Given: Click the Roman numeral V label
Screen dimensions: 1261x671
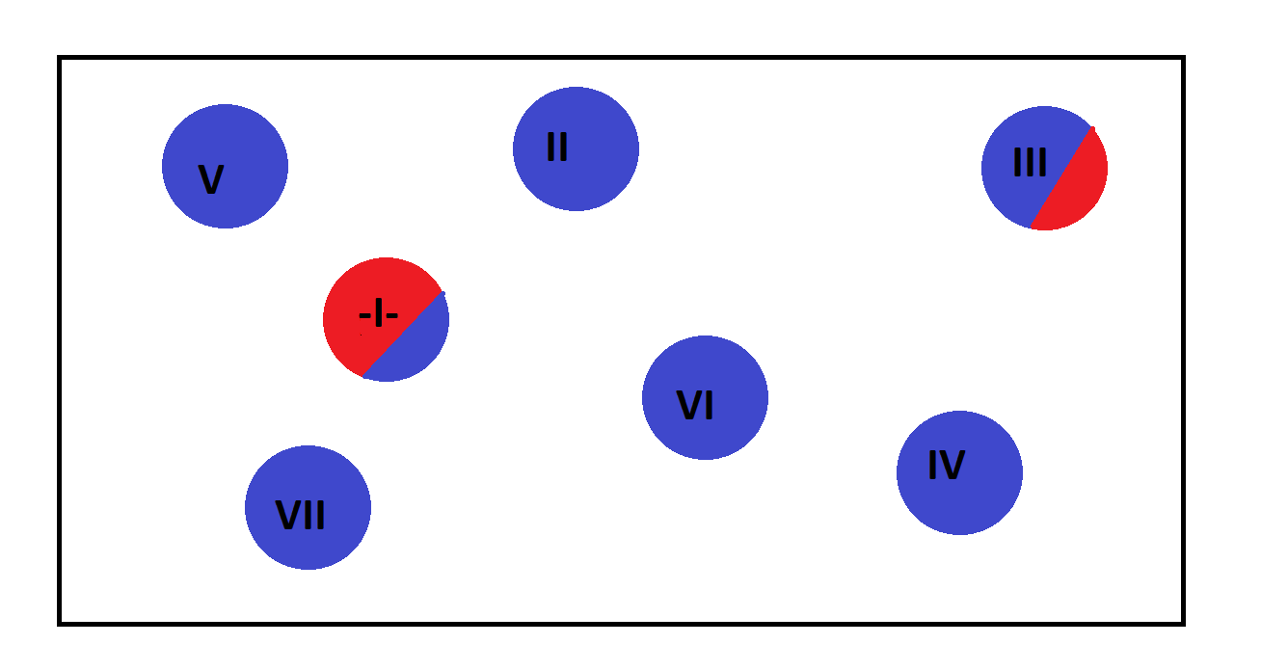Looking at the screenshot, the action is click(x=210, y=180).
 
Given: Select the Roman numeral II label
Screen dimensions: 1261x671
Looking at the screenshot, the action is click(x=557, y=148).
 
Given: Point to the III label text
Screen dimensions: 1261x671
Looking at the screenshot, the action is click(x=1030, y=163).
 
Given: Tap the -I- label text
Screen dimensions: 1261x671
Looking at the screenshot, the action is click(x=378, y=315).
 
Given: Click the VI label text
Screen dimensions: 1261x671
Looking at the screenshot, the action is click(x=695, y=406).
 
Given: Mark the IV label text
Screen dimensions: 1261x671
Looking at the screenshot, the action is click(x=946, y=467).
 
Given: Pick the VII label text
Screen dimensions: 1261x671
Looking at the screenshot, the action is click(x=301, y=516).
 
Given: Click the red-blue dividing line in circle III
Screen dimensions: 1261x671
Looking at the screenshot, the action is click(x=1062, y=177).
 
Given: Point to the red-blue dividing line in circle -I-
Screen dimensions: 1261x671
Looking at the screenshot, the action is click(x=404, y=334).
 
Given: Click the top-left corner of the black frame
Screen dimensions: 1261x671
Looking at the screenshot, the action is click(x=60, y=58).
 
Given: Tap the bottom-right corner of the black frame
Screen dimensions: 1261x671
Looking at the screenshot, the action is click(x=1182, y=623).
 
